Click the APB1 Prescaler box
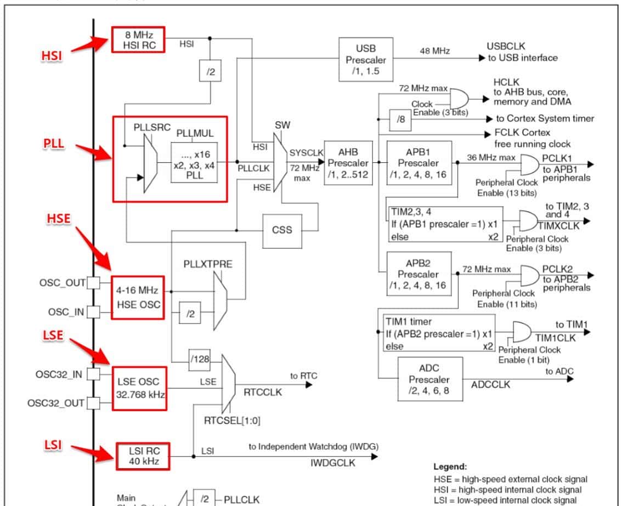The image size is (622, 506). point(419,163)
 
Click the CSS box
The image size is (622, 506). point(282,229)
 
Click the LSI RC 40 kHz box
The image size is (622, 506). point(143,456)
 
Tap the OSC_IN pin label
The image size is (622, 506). point(65,312)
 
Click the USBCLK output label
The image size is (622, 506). point(506,47)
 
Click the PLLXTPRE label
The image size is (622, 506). point(208,264)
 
